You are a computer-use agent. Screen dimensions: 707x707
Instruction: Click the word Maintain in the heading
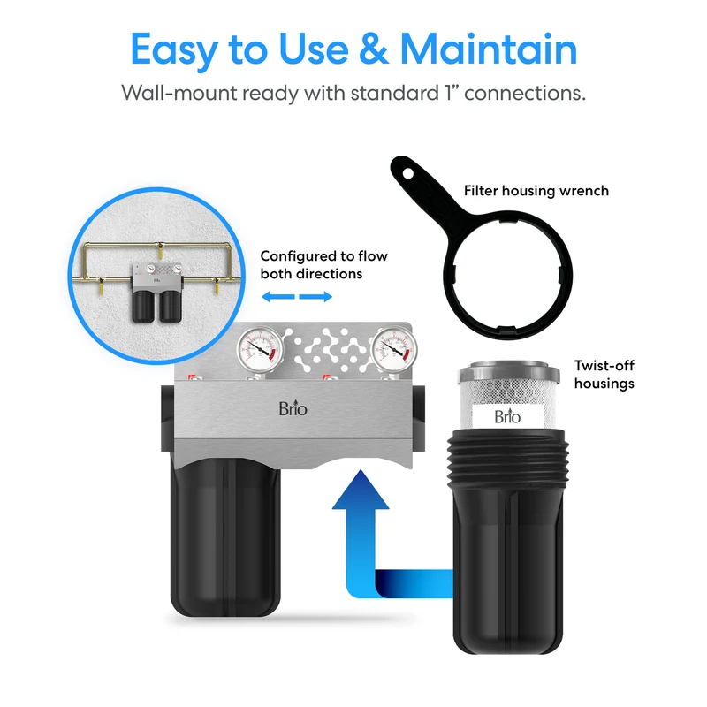pos(489,49)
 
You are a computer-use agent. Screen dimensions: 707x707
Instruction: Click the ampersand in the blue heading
pos(374,49)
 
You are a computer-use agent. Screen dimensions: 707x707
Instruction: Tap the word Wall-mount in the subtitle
pos(179,94)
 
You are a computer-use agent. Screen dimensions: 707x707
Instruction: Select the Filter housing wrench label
pos(536,191)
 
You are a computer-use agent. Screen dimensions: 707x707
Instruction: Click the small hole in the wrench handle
pos(408,173)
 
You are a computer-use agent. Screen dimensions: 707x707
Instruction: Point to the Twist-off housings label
pos(604,374)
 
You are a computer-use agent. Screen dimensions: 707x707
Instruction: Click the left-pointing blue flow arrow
pos(278,297)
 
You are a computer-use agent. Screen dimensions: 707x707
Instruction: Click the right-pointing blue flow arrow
pos(315,297)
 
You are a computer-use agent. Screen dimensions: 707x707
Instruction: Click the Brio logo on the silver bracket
pos(293,408)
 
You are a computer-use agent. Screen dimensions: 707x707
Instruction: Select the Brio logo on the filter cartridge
pos(507,415)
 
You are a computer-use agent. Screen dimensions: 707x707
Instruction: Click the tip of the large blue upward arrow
pos(361,470)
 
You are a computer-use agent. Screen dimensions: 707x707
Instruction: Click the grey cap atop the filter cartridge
pos(509,372)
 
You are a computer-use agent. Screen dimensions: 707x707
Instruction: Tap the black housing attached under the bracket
pos(225,536)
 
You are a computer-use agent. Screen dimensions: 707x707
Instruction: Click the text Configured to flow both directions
pos(323,264)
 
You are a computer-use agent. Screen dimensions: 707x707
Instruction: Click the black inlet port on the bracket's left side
pos(168,418)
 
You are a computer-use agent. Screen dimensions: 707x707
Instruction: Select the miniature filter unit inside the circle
pos(157,293)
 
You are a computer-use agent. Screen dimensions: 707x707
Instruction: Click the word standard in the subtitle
pos(394,93)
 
